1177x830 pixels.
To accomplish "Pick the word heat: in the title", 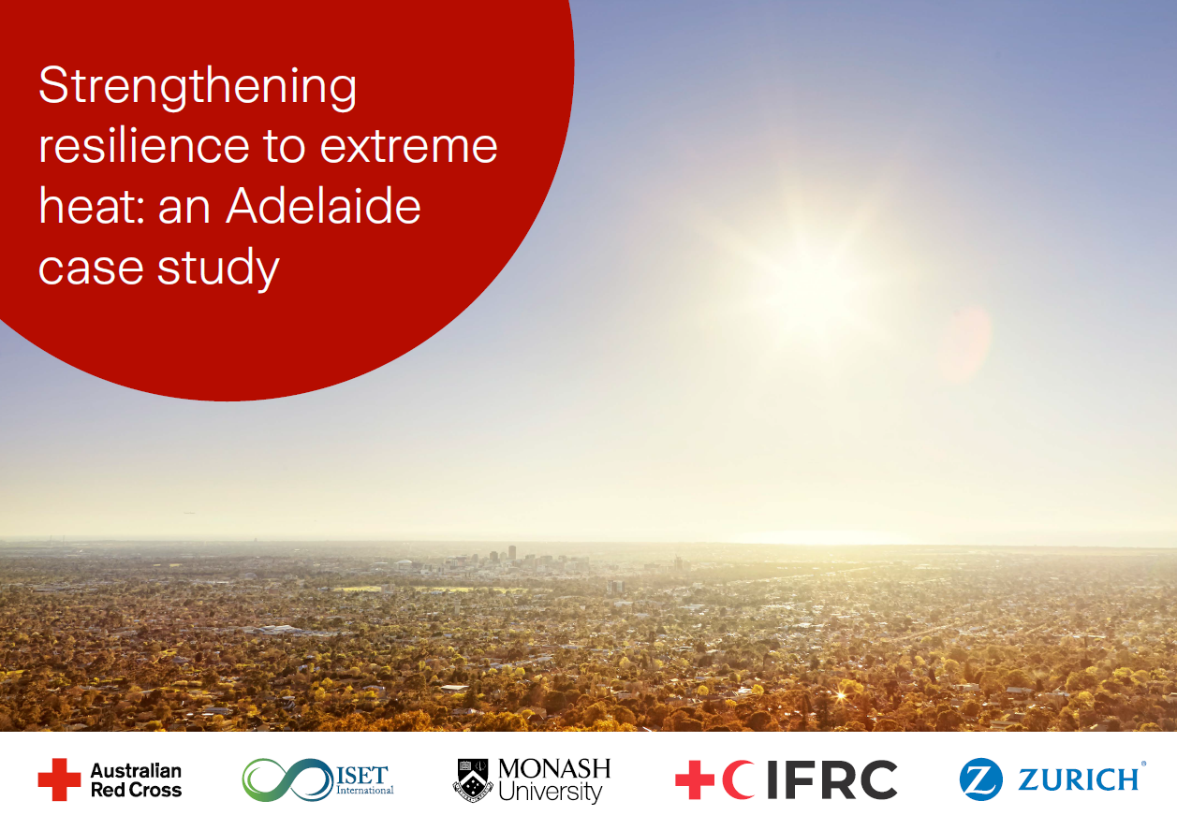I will (91, 206).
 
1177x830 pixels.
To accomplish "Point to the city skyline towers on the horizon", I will (510, 558).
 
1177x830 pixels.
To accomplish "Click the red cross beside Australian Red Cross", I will (59, 779).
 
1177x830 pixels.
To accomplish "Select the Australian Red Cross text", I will (136, 779).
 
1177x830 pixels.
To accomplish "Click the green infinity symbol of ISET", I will (286, 779).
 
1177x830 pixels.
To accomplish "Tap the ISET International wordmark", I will (365, 779).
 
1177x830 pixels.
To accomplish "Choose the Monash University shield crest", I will (473, 779).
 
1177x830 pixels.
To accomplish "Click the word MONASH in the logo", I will (553, 769).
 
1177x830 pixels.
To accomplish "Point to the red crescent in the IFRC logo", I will (739, 779).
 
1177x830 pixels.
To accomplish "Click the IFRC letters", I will (831, 779).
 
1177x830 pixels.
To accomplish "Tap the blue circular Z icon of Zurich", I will (980, 779).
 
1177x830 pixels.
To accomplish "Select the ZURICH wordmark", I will (1077, 779).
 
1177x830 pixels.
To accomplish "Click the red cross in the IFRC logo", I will (695, 779).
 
